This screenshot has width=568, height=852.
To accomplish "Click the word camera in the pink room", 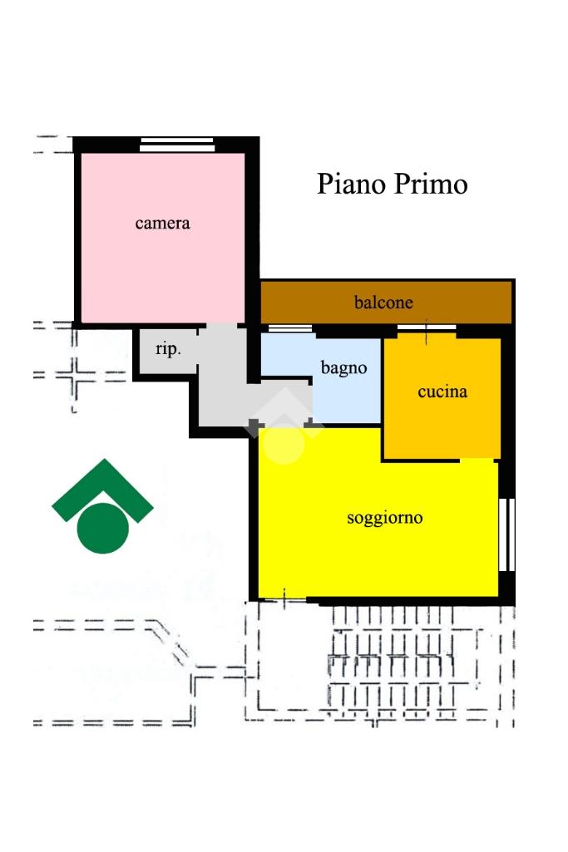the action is tap(162, 224).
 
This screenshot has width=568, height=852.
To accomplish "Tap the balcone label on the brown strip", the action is tap(383, 302).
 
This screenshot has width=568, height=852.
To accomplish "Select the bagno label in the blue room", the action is tap(343, 368).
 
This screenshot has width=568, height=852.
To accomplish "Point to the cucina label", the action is tap(442, 392).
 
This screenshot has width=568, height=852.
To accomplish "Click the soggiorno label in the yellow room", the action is tap(385, 518).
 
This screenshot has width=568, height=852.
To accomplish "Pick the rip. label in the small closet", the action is tap(168, 349).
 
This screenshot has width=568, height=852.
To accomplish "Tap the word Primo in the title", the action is tap(431, 184).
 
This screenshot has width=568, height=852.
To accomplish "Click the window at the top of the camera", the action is tap(176, 144).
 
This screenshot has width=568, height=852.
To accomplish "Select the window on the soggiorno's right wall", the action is tap(507, 534).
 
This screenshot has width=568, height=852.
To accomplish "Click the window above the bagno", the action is tap(290, 328).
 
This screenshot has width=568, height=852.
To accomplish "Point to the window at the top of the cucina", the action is tap(427, 328).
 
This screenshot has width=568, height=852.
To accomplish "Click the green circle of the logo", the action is tap(103, 528).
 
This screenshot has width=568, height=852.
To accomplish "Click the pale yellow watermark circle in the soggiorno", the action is tap(284, 445).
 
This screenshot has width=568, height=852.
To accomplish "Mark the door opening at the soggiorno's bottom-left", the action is tap(283, 599).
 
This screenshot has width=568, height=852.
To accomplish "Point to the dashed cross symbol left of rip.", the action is tap(77, 375).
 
